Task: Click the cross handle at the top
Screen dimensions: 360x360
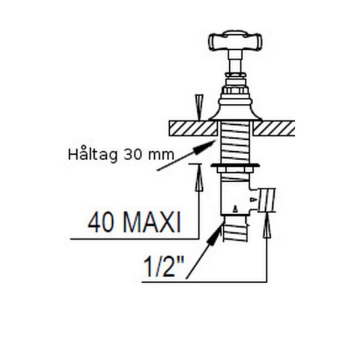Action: [235, 41]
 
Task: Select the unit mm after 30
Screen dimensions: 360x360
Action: [161, 155]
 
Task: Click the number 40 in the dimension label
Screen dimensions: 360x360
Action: [101, 222]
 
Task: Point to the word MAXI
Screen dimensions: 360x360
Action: [152, 222]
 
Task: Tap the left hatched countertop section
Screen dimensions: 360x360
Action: [193, 128]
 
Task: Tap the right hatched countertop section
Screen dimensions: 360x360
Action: [274, 128]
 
